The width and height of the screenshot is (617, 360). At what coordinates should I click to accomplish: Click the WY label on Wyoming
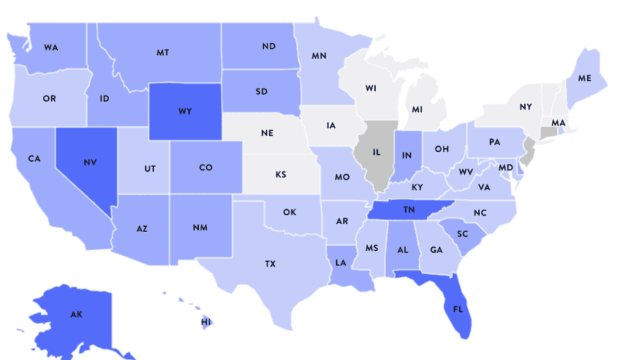click(185, 112)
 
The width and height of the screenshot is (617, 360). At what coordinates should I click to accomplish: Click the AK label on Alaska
click(76, 315)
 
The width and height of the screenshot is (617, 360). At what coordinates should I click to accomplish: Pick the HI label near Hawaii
click(206, 322)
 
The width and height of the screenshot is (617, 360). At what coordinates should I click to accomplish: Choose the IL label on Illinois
click(376, 152)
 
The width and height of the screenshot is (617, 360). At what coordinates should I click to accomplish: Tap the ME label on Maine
click(584, 78)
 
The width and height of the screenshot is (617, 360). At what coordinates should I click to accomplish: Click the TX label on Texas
click(271, 264)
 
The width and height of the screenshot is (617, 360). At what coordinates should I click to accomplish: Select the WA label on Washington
click(51, 47)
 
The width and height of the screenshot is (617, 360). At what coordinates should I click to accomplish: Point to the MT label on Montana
click(162, 52)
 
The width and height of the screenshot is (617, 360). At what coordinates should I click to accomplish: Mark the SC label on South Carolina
click(463, 233)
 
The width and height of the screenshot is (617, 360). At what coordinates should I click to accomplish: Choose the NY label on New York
click(525, 107)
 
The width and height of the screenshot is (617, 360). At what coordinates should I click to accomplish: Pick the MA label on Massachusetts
click(559, 123)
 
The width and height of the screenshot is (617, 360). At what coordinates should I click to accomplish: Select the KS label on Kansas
click(281, 174)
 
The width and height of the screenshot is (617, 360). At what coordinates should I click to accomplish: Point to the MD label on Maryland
click(506, 167)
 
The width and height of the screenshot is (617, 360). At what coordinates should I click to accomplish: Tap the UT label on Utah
click(150, 169)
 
